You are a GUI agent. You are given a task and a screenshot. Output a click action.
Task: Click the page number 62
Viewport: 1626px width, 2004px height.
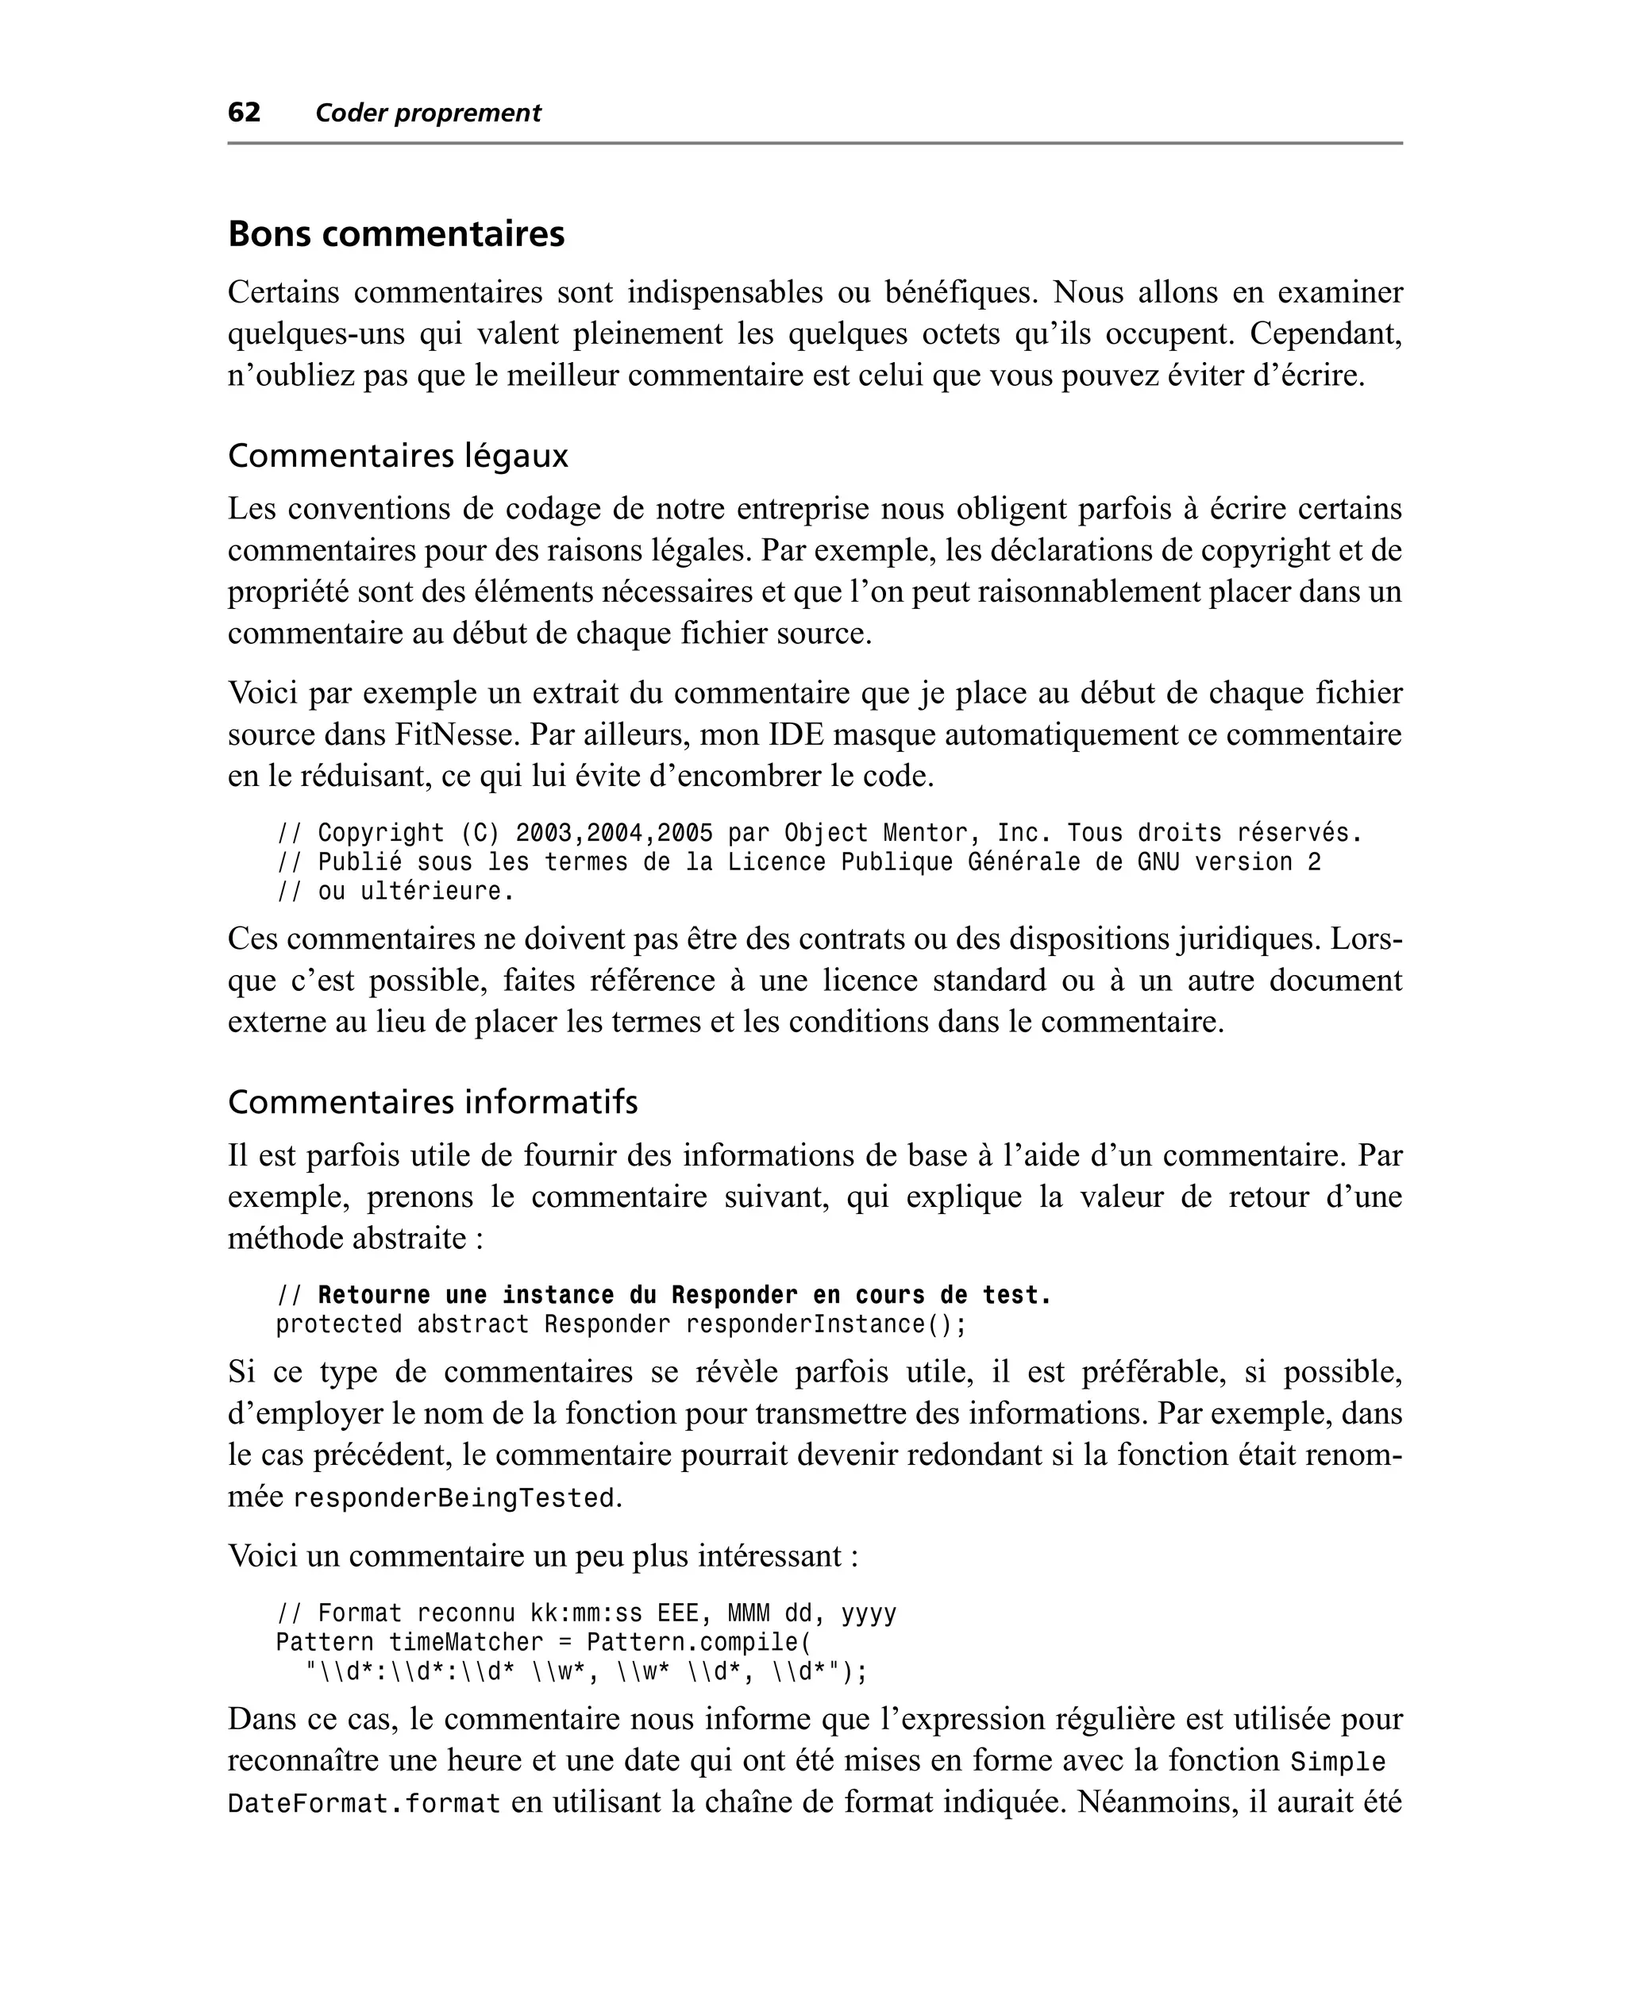pyautogui.click(x=244, y=113)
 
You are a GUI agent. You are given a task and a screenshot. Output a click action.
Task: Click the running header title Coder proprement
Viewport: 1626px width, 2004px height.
pyautogui.click(x=428, y=114)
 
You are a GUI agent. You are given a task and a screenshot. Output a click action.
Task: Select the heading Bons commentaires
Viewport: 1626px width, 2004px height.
pyautogui.click(x=396, y=234)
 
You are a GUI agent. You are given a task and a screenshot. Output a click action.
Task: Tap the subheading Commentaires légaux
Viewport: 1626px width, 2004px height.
pyautogui.click(x=398, y=456)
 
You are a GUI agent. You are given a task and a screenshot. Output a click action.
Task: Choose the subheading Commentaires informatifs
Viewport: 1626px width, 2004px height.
pyautogui.click(x=433, y=1102)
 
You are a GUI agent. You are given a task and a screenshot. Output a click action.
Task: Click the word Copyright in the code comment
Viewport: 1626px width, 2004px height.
pyautogui.click(x=381, y=834)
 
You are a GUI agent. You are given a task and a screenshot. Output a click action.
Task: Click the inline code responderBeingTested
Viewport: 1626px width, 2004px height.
pyautogui.click(x=454, y=1498)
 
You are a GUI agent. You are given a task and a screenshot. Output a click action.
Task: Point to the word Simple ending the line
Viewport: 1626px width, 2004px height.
pyautogui.click(x=1338, y=1763)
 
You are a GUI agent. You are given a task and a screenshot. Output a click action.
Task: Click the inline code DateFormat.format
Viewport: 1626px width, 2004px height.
pyautogui.click(x=364, y=1804)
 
